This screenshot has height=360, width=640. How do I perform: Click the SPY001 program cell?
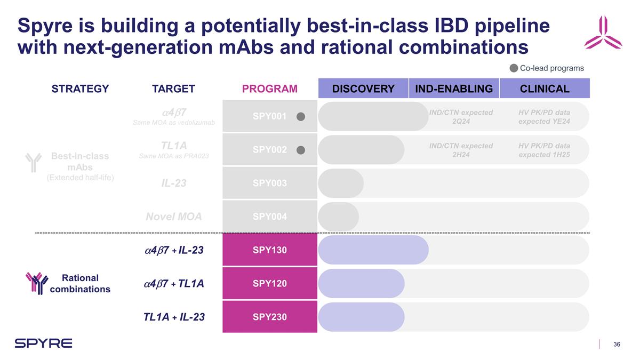click(x=269, y=116)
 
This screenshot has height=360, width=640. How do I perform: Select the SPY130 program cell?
click(x=269, y=250)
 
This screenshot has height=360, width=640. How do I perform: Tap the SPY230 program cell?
click(x=269, y=317)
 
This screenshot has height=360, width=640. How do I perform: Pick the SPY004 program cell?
click(x=269, y=217)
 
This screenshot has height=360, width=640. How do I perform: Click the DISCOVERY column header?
click(x=363, y=89)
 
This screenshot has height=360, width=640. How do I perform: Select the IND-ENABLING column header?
click(x=454, y=89)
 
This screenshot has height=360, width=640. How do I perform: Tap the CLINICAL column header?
click(x=545, y=89)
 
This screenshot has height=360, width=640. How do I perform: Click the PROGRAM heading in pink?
click(x=269, y=89)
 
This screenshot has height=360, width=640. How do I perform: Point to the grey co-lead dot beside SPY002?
click(x=301, y=150)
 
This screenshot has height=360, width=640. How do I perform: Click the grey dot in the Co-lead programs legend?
click(x=513, y=68)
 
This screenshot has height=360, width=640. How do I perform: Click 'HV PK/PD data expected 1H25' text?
click(x=544, y=150)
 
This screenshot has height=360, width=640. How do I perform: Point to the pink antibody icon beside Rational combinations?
click(x=37, y=283)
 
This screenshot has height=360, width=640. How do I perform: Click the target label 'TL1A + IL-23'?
click(x=174, y=317)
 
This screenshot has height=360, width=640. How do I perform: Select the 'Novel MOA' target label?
click(x=173, y=217)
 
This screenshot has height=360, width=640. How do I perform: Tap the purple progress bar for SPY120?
click(x=361, y=283)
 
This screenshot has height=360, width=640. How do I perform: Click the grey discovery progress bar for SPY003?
click(x=341, y=183)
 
